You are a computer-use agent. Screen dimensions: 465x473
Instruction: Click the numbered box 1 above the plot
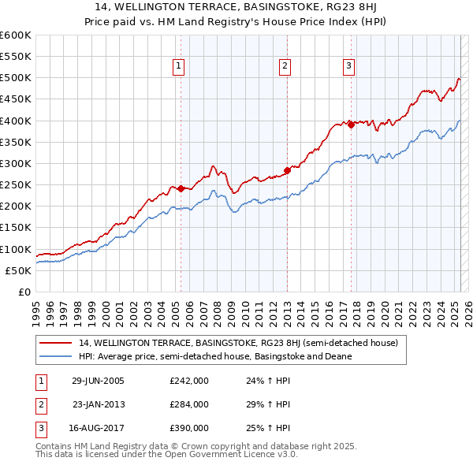(x=181, y=67)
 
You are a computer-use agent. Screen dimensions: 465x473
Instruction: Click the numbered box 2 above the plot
(x=285, y=67)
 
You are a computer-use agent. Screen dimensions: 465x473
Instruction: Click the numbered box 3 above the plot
(x=348, y=67)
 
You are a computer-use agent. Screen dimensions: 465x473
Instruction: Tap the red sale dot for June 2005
(x=181, y=188)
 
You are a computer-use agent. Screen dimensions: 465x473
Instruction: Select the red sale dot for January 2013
(x=287, y=170)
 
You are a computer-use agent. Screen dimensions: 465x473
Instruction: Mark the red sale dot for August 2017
(x=351, y=125)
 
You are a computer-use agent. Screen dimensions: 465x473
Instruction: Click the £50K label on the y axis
(x=19, y=270)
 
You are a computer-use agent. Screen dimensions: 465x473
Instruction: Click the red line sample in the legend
(x=55, y=344)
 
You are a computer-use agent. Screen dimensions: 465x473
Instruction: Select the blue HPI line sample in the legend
(x=55, y=356)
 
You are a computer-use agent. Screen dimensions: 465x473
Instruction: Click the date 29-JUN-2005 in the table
(x=97, y=380)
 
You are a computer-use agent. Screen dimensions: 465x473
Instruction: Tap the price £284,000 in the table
(x=188, y=404)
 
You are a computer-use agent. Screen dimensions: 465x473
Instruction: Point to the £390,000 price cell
(x=188, y=428)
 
